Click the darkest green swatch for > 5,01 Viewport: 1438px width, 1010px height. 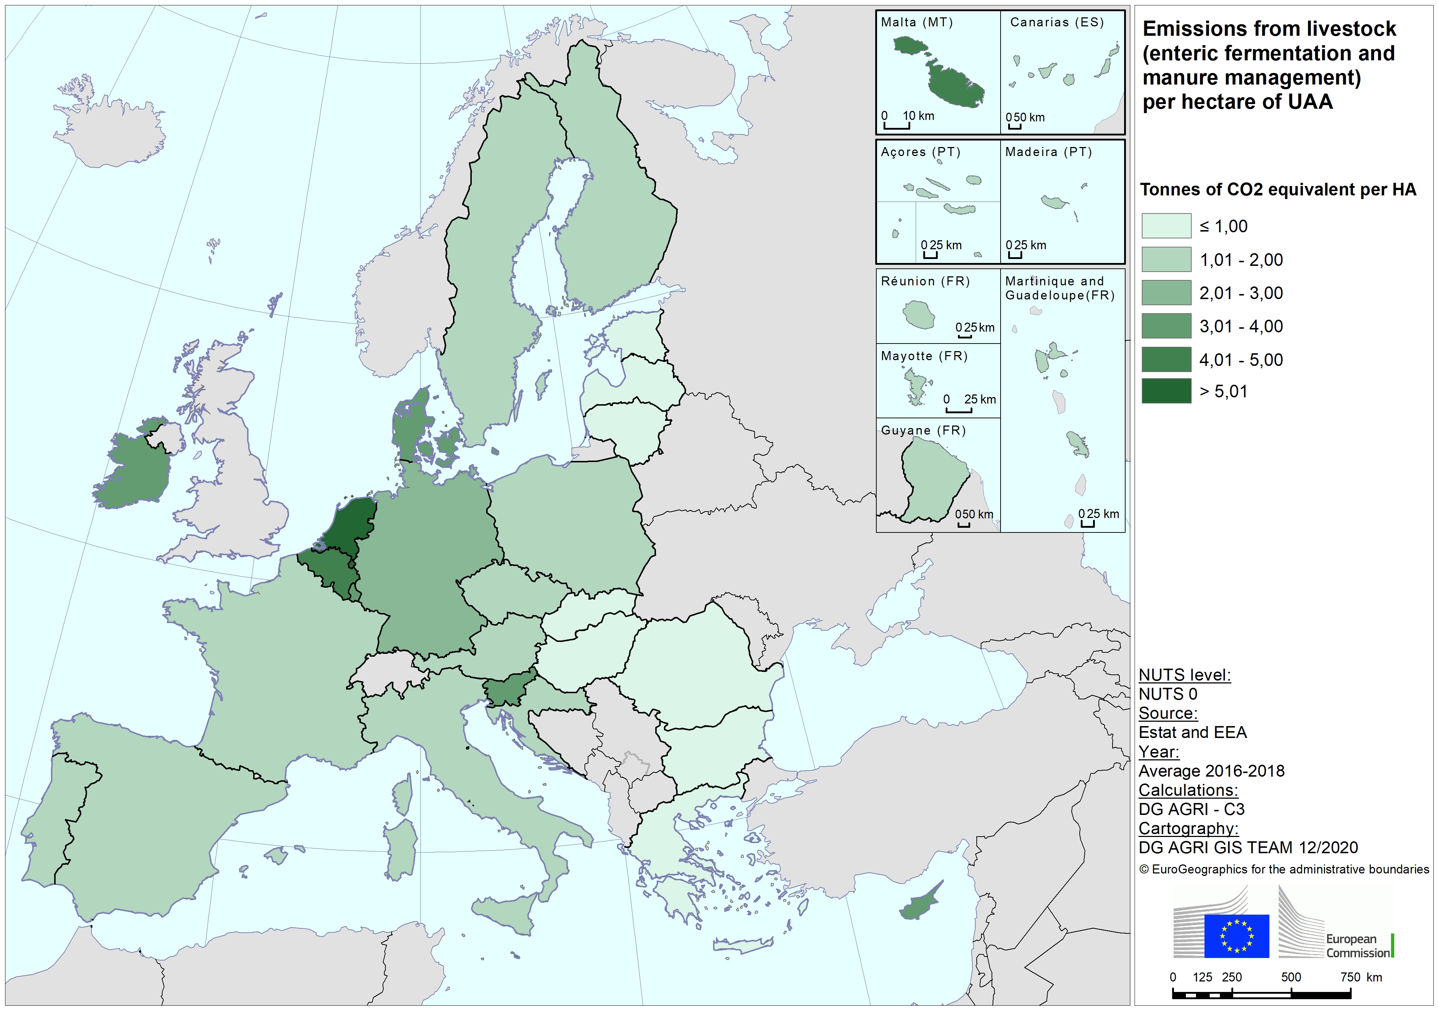(x=1166, y=391)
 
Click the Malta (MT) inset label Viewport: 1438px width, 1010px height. (x=916, y=22)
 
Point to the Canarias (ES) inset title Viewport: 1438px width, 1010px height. (x=1057, y=22)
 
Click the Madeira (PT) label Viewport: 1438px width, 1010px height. (x=1048, y=151)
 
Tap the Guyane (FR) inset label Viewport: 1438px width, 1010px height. (x=923, y=430)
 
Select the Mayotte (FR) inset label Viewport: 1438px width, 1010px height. (x=924, y=356)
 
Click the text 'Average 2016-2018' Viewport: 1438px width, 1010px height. (x=1211, y=771)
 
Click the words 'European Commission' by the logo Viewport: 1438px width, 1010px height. (x=1357, y=945)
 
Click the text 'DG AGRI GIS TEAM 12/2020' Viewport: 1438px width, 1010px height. (x=1248, y=847)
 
